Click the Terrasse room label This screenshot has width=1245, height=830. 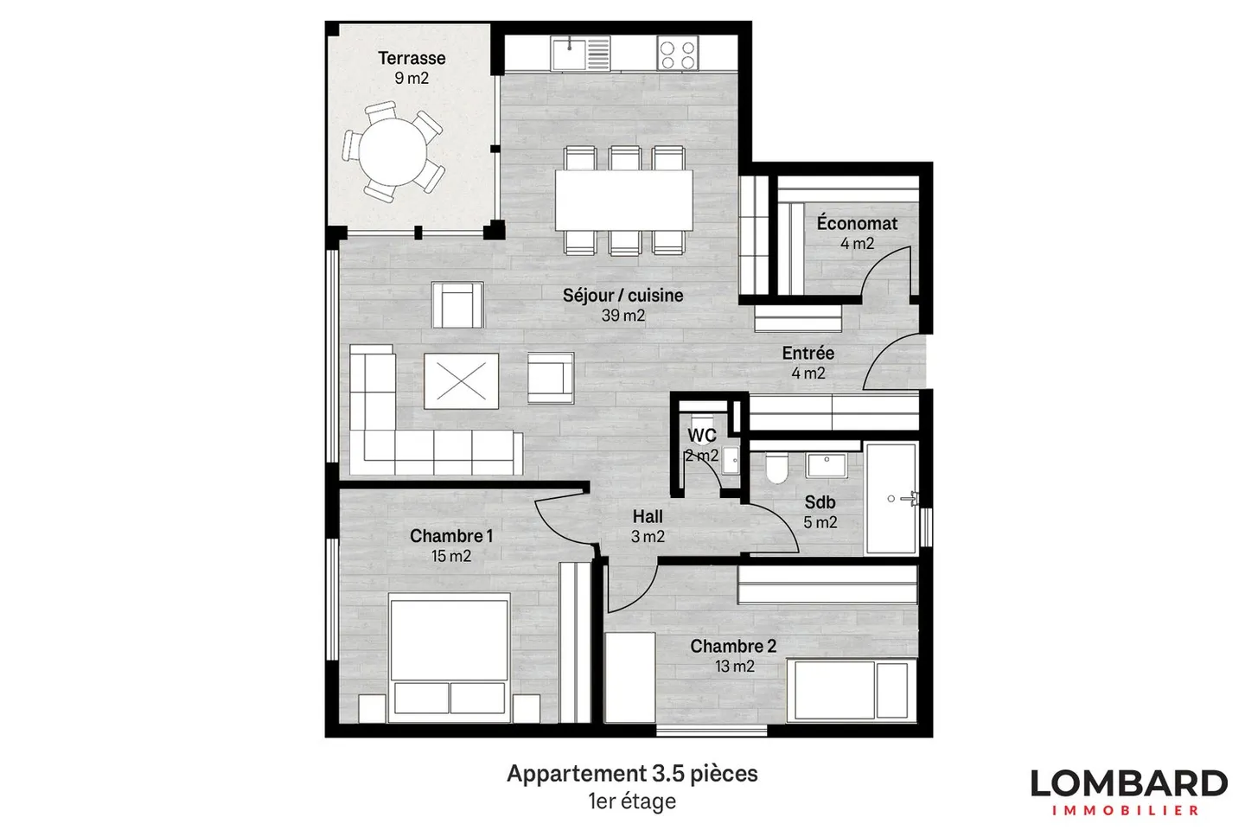(412, 59)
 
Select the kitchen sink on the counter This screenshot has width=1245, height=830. (569, 53)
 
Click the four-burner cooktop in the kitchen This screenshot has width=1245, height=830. (677, 54)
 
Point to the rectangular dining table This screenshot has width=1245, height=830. (623, 200)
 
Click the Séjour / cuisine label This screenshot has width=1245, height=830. (622, 296)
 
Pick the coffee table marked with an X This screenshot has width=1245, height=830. (461, 380)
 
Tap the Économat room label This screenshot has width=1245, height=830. (857, 224)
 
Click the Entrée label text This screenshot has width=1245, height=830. (808, 354)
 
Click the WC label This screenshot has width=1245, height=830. (701, 436)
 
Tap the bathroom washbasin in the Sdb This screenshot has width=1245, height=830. (827, 464)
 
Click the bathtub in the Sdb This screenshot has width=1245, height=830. (891, 499)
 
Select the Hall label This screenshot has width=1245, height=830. (648, 517)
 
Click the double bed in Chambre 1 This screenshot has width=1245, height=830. (448, 657)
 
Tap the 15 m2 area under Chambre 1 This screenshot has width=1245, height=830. (451, 557)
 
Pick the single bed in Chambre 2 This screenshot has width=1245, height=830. (851, 689)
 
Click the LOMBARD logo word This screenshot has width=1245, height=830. (1128, 783)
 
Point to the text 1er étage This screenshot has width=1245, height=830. (632, 801)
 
